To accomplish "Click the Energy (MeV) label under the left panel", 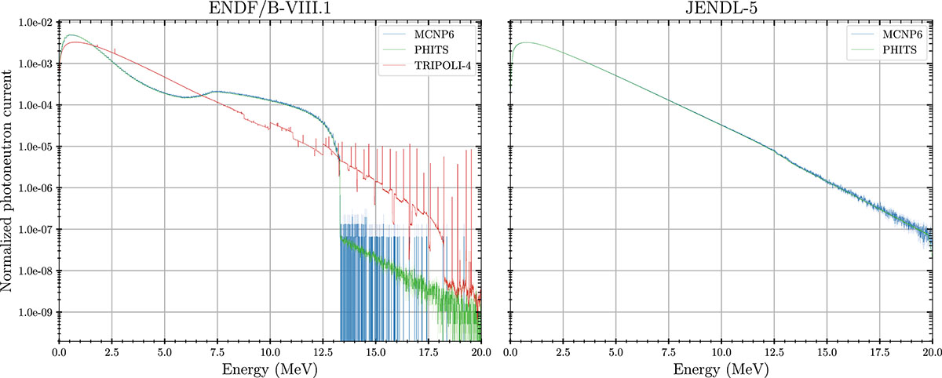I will click(269, 369).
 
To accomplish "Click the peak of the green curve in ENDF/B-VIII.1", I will click(70, 35).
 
